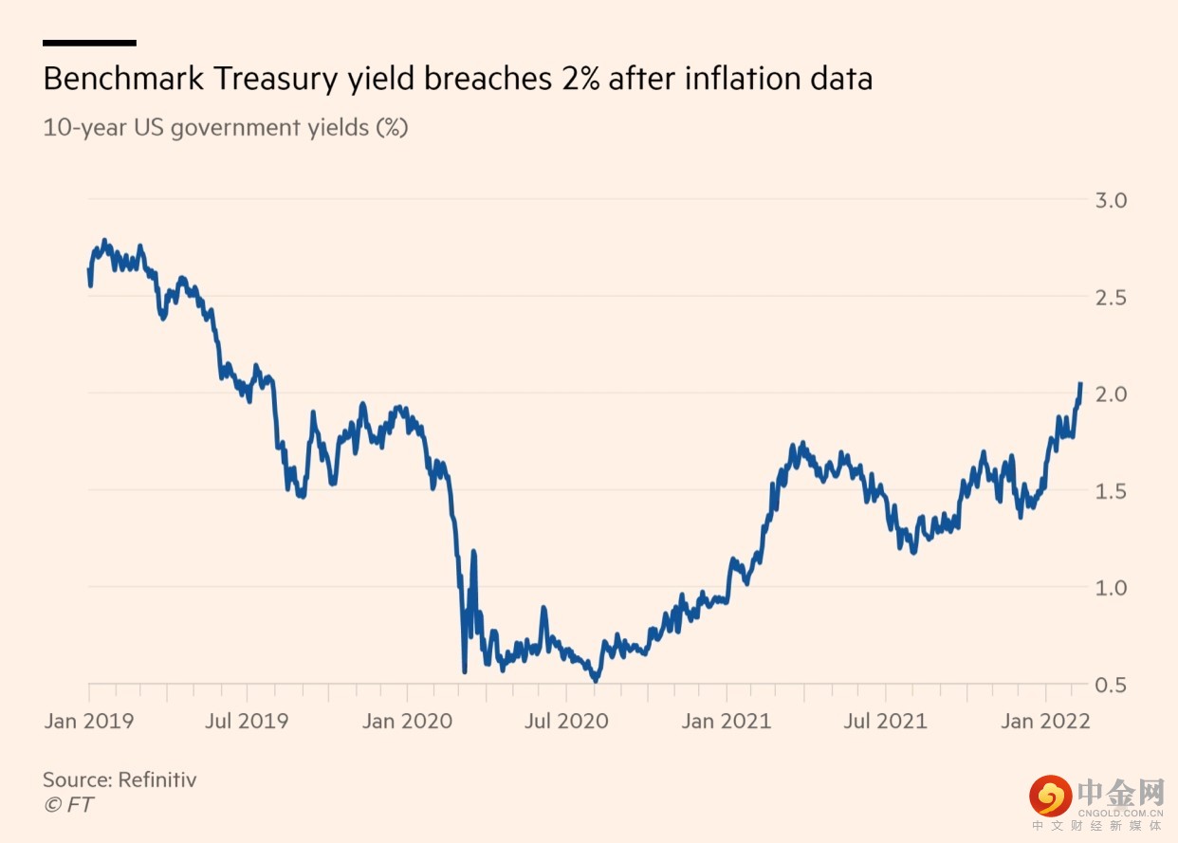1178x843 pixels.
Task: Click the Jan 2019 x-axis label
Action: [x=89, y=722]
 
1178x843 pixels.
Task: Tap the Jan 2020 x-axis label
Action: [x=408, y=722]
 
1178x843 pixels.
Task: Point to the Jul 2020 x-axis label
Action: [x=568, y=722]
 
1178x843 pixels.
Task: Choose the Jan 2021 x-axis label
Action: [x=727, y=722]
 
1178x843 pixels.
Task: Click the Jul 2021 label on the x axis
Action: [x=886, y=722]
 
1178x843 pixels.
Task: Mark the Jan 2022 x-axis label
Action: [x=1046, y=722]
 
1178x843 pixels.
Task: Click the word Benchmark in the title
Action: [x=124, y=79]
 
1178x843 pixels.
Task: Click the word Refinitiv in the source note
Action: [x=157, y=780]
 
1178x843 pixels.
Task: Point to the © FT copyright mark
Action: [x=68, y=805]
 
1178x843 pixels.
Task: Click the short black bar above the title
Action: [x=89, y=43]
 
